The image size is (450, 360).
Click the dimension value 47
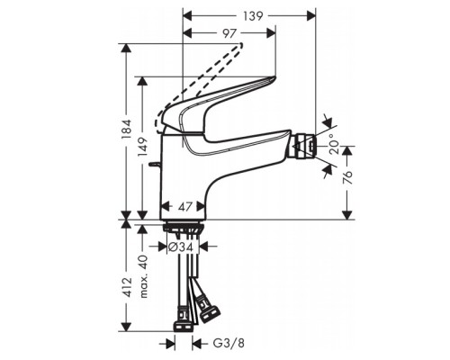click(x=185, y=207)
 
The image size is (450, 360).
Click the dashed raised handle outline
click(x=202, y=85)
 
